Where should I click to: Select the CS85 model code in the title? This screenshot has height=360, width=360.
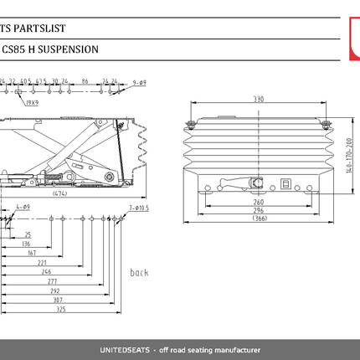tap(13, 49)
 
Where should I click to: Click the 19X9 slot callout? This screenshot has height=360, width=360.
tap(32, 102)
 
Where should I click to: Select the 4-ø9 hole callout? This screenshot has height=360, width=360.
tap(23, 207)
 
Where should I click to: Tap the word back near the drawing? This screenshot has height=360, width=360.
tap(139, 273)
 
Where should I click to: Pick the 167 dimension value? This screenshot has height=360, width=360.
tap(32, 252)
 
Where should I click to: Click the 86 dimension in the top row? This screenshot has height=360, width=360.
tap(85, 83)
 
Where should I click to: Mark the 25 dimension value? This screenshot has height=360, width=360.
tap(28, 235)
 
